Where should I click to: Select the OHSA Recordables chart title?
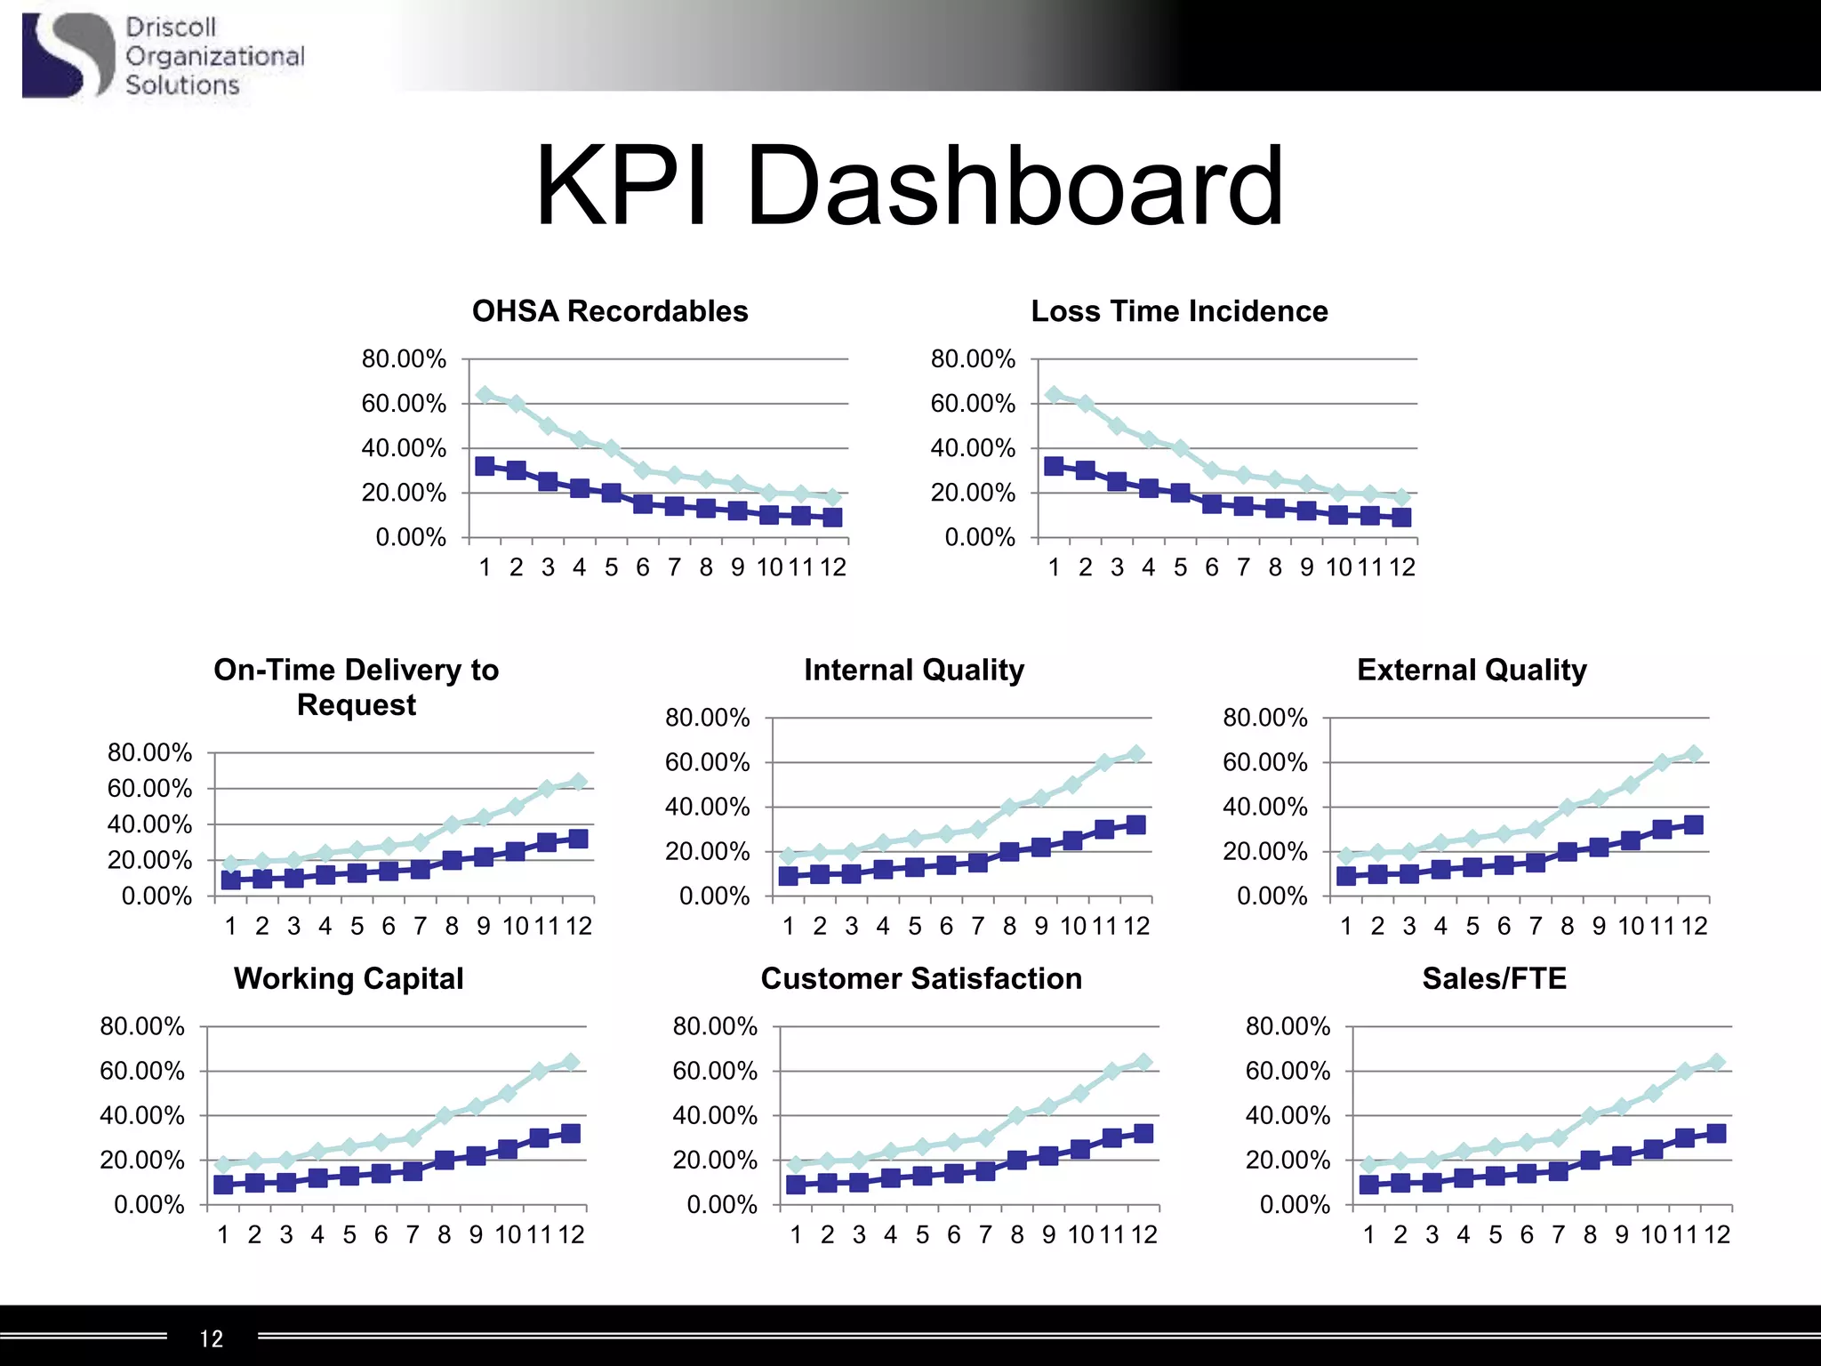tap(610, 311)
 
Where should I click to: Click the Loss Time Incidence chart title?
tap(1179, 311)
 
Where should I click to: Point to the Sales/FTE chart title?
tap(1494, 978)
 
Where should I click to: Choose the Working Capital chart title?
tap(349, 978)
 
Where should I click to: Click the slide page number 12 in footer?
tap(212, 1338)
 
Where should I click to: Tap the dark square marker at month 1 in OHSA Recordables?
tap(485, 466)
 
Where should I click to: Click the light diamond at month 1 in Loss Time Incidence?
tap(1054, 395)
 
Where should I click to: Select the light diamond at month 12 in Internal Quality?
tap(1135, 754)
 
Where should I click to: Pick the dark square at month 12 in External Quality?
tap(1693, 825)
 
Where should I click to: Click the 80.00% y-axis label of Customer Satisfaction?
tap(715, 1026)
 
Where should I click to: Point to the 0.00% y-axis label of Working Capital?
tap(149, 1205)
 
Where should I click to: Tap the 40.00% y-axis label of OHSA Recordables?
tap(404, 448)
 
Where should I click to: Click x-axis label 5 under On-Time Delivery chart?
tap(357, 926)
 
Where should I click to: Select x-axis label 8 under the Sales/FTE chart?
tap(1590, 1234)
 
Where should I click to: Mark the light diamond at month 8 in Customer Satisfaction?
tap(1017, 1115)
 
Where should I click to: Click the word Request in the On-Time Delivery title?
tap(356, 704)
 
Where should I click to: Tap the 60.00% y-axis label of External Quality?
tap(1264, 762)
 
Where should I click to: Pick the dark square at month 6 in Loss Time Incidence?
tap(1212, 503)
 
